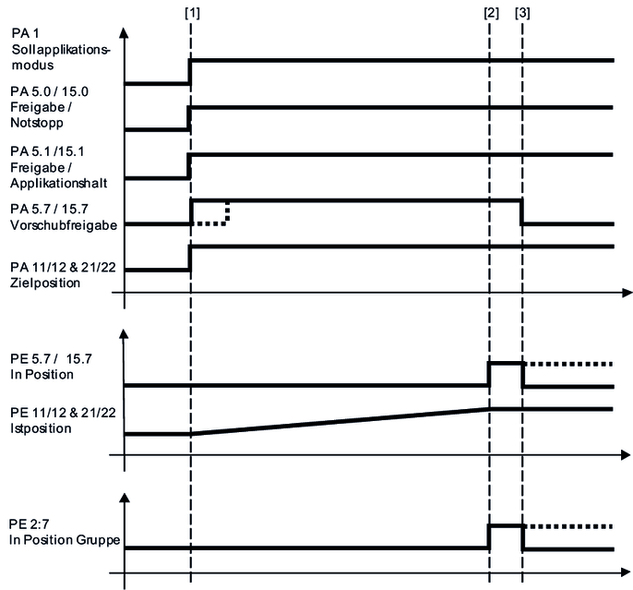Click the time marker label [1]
192,13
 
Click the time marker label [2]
491,13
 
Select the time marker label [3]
522,13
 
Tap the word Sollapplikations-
61,50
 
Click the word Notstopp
37,123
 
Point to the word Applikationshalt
59,184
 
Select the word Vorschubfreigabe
64,225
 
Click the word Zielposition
45,283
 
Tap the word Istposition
41,428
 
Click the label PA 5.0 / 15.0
49,91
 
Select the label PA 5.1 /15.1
48,151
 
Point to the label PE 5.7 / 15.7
52,358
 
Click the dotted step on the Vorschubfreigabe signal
210,212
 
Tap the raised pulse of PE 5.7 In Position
507,375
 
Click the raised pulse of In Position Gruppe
507,537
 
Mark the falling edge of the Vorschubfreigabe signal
521,212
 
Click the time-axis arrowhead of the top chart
627,293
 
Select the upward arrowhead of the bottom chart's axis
125,498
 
